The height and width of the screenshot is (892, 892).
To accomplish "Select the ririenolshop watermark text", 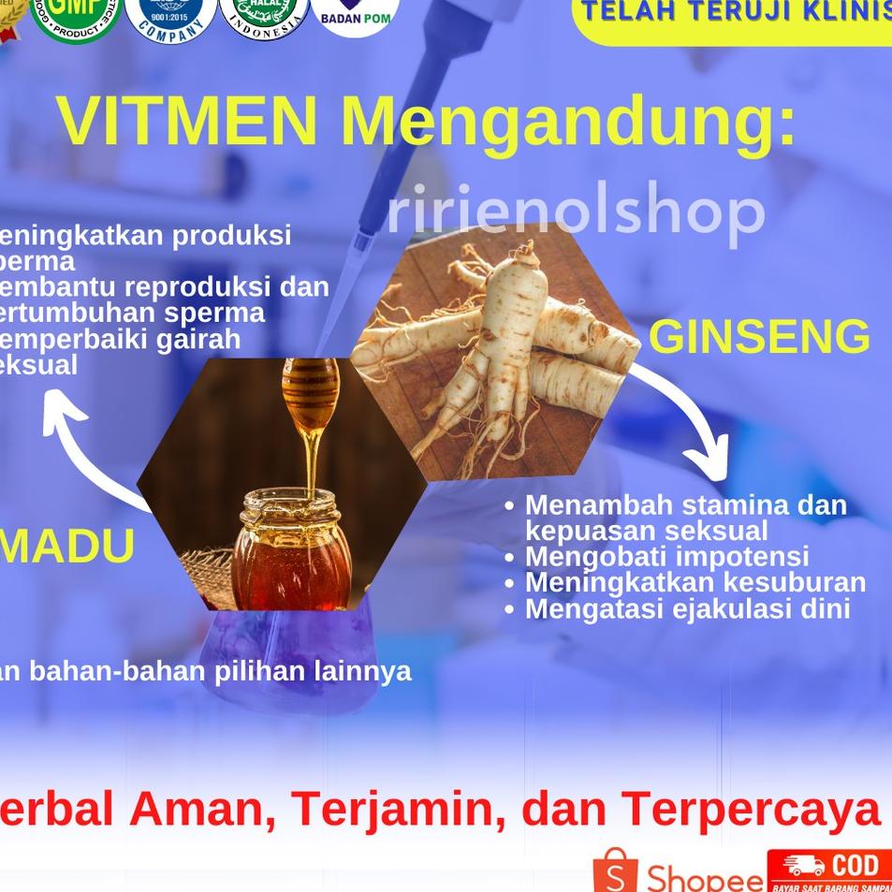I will [576, 213].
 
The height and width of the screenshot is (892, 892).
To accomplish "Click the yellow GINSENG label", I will [759, 338].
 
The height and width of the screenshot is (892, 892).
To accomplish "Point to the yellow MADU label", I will [67, 548].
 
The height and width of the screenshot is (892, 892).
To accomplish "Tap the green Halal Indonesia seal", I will [264, 16].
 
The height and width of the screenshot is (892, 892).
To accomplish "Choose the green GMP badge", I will [75, 17].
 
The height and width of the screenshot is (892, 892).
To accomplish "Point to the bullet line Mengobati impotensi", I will [666, 557].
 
